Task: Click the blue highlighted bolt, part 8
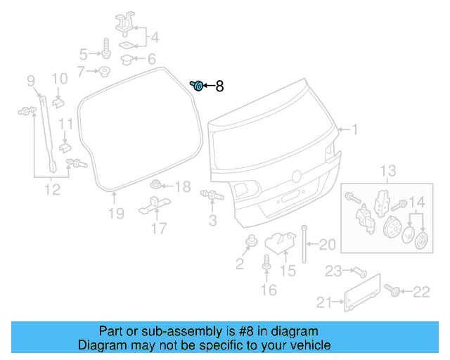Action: click(x=198, y=86)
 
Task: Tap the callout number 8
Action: click(x=219, y=86)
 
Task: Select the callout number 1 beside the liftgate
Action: click(x=355, y=129)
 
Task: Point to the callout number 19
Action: click(x=116, y=213)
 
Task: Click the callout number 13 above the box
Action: click(x=389, y=171)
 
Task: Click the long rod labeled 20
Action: click(x=304, y=243)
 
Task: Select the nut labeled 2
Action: click(x=250, y=243)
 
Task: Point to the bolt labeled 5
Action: click(x=105, y=51)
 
